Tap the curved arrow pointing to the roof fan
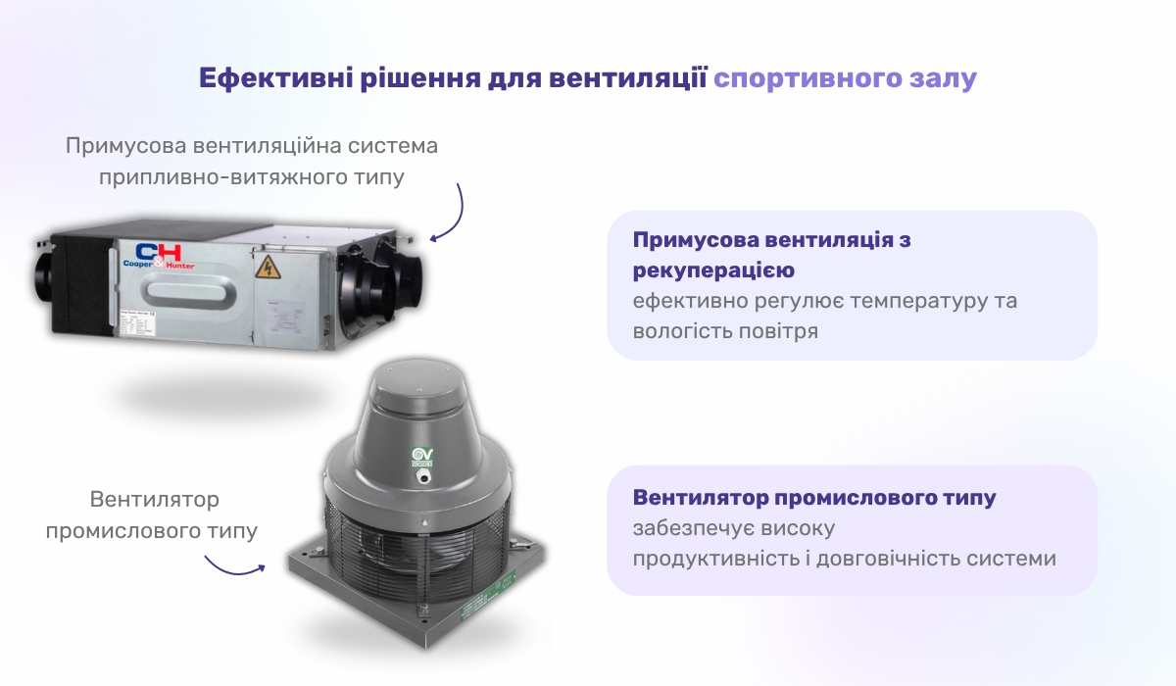click(x=233, y=565)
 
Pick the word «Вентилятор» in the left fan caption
click(x=155, y=500)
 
